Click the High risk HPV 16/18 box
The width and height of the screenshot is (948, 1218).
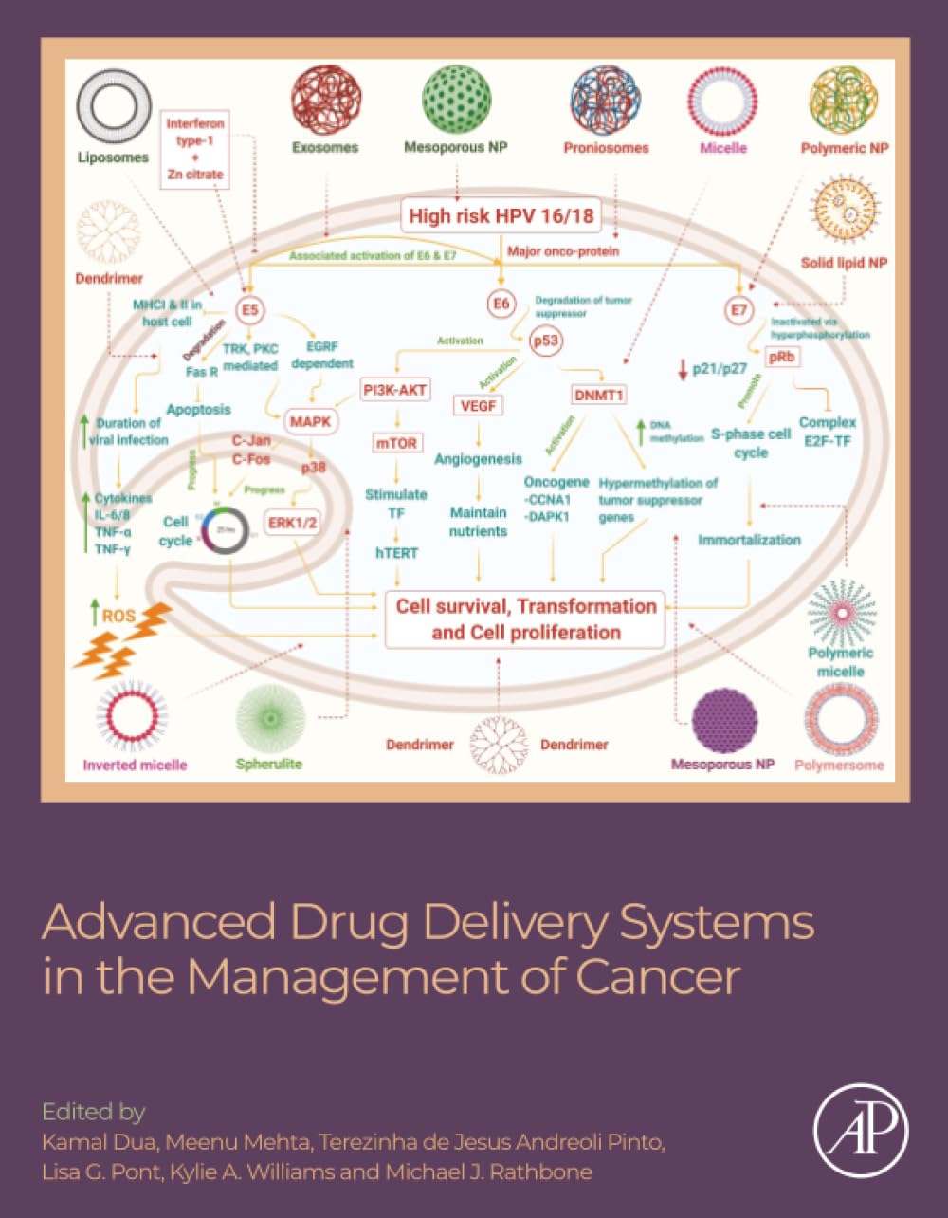coord(501,216)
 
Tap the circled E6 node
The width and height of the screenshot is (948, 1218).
coord(501,304)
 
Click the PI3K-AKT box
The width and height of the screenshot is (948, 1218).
coord(395,389)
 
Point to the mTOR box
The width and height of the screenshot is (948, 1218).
coord(396,443)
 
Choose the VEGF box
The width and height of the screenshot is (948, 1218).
coord(479,406)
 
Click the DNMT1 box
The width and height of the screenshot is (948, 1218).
coord(599,395)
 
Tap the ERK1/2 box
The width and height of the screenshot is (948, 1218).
coord(293,523)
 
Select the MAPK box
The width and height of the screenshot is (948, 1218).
coord(311,419)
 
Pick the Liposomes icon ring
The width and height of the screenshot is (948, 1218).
coord(114,106)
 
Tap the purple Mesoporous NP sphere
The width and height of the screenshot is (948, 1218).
coord(724,722)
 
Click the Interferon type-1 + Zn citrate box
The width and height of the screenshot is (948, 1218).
coord(195,149)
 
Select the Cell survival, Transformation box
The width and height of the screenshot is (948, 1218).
coord(525,619)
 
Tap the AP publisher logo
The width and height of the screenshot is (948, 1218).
coord(860,1131)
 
